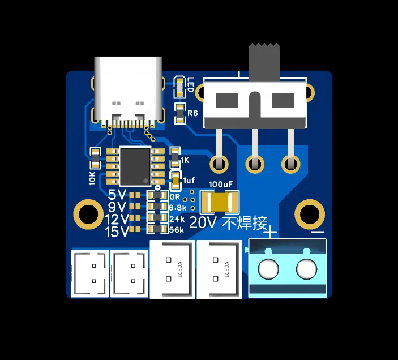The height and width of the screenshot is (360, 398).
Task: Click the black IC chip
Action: (x=135, y=166)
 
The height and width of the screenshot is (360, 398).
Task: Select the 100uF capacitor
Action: (x=220, y=201)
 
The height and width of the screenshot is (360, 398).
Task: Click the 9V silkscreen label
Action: (x=117, y=207)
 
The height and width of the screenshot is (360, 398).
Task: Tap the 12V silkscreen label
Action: (x=117, y=219)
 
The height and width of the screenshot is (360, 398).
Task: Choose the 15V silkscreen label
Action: (x=117, y=232)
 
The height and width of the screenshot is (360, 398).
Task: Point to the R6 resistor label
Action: (x=192, y=113)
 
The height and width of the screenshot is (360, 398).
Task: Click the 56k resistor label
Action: (x=176, y=230)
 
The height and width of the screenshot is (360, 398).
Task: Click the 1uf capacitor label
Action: (x=189, y=180)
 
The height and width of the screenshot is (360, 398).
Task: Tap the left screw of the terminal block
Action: (x=269, y=268)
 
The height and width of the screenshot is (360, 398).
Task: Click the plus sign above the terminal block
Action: (x=271, y=232)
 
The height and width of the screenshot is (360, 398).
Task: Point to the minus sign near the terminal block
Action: (x=318, y=232)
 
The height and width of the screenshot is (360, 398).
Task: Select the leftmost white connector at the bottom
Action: (x=89, y=273)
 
